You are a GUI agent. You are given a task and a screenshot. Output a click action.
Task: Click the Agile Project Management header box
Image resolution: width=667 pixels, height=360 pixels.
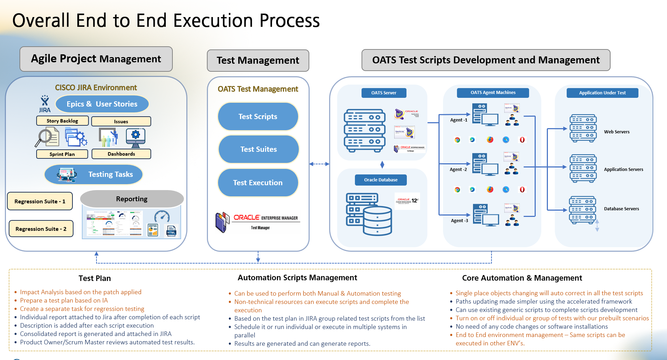pos(96,59)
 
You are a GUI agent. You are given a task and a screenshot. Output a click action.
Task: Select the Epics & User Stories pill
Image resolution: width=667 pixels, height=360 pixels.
pos(102,104)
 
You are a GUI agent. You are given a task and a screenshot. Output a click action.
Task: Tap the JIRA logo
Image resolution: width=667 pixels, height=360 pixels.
pos(45,104)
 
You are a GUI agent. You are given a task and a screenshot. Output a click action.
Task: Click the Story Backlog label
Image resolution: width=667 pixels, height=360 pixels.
pos(62,121)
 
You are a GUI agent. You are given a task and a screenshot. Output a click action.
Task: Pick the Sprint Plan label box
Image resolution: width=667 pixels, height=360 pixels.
pos(62,154)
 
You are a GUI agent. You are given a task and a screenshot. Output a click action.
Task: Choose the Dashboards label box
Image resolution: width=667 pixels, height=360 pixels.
pos(121,154)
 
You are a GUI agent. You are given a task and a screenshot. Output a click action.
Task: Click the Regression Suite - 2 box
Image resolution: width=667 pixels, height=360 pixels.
pos(41,229)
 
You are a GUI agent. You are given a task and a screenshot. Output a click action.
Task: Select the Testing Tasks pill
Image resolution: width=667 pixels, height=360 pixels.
pos(94,174)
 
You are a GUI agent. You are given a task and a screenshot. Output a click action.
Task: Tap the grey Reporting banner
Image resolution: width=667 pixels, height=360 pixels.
pos(132,199)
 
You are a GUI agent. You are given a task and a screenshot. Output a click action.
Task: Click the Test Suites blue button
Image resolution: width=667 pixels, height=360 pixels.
pos(258,149)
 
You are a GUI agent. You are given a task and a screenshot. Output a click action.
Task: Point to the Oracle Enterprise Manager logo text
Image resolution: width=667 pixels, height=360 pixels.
pos(265,218)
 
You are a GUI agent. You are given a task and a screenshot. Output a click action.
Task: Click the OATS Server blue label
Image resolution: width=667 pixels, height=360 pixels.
pos(383,93)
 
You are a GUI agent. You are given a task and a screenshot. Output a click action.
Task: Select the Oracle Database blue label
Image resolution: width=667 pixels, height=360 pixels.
pos(381,180)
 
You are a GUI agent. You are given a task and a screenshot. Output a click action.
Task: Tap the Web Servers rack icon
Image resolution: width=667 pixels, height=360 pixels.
pos(583,128)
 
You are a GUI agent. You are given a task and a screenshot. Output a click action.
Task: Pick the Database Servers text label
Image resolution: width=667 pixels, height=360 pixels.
pos(621,209)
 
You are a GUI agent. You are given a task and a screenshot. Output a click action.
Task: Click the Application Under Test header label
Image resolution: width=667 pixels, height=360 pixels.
pos(602,93)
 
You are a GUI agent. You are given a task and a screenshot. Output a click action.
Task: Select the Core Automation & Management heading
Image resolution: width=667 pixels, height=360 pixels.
pos(522,278)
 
